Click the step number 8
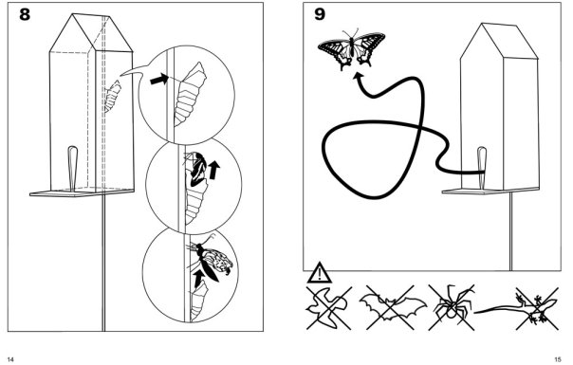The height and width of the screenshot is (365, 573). [25, 14]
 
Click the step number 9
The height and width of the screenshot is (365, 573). [320, 14]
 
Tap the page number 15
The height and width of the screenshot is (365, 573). [558, 359]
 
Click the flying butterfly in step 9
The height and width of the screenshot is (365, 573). [352, 48]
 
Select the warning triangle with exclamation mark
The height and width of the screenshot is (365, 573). [320, 273]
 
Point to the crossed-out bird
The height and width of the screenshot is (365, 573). [328, 308]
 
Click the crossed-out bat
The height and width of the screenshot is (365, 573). [392, 307]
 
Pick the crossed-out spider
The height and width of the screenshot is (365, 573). [453, 307]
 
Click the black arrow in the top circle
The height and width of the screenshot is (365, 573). [159, 79]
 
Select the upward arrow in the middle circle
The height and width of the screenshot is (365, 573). [213, 171]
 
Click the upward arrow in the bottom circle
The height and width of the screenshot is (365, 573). [199, 279]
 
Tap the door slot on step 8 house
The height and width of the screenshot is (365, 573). [72, 169]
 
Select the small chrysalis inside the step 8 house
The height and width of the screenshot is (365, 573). [113, 97]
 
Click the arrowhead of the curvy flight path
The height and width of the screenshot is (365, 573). [359, 77]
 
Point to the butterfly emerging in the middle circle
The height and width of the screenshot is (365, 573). [197, 169]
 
